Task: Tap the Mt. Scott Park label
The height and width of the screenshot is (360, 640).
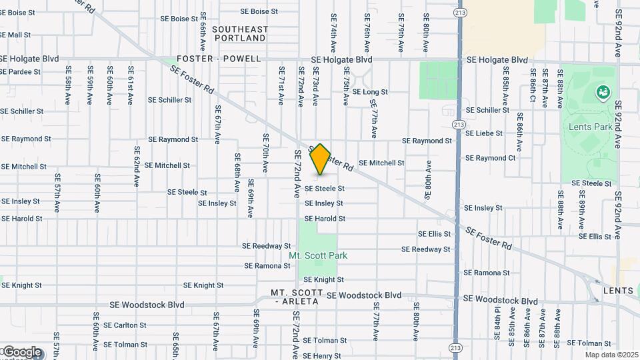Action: [x=318, y=255]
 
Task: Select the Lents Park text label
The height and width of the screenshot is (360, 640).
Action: [x=587, y=127]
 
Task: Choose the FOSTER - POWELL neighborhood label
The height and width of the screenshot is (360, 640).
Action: [x=219, y=59]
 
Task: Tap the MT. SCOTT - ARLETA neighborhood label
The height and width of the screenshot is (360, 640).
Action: [x=297, y=297]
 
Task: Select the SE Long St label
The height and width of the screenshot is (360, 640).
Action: [x=370, y=92]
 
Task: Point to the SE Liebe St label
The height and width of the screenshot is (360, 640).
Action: [x=484, y=133]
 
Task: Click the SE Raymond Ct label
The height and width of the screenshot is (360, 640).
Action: [x=490, y=158]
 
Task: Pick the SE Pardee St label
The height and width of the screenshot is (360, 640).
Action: [x=21, y=72]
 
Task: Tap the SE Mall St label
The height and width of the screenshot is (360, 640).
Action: [x=15, y=35]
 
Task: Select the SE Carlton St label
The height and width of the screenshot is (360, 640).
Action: [x=125, y=325]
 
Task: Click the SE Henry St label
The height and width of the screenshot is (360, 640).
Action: [x=322, y=356]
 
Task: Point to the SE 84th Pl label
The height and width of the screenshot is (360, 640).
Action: [x=497, y=323]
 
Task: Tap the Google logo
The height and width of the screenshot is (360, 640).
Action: [x=21, y=352]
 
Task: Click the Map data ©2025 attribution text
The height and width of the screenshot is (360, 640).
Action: [x=611, y=355]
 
